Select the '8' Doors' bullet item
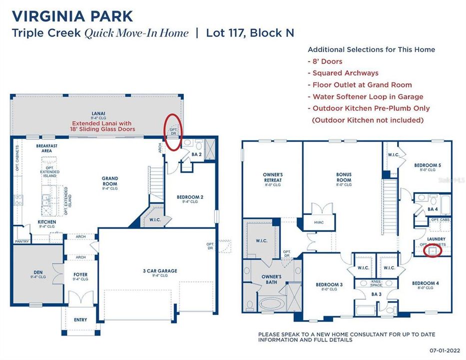(327, 61)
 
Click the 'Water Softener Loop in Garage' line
(368, 96)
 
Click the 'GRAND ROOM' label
(110, 181)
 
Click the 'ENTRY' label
(80, 319)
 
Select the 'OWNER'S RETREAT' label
(273, 178)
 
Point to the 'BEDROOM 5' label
(427, 165)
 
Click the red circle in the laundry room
(432, 250)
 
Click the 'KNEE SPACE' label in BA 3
(376, 283)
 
